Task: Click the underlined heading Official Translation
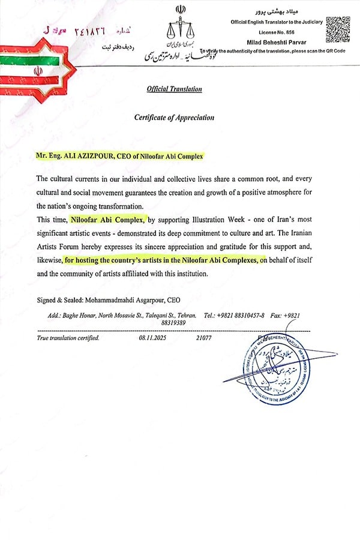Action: click(x=175, y=89)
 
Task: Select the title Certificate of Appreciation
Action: click(x=174, y=118)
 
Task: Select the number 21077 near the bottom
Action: click(x=205, y=338)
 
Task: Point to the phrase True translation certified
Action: click(x=68, y=338)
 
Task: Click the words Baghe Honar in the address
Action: click(x=82, y=315)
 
